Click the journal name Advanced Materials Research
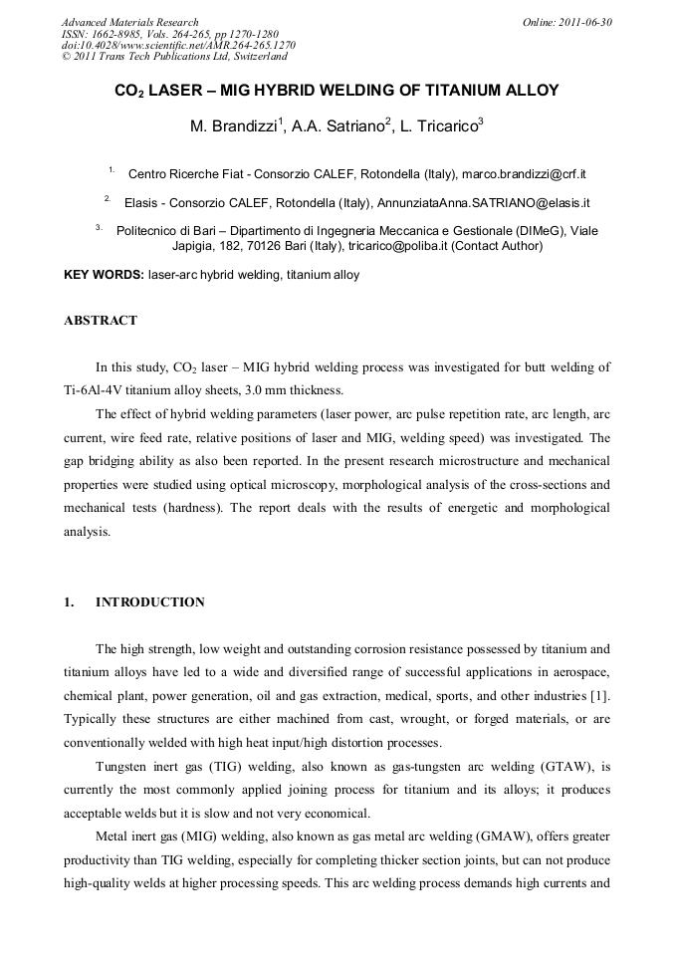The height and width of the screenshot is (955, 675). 129,22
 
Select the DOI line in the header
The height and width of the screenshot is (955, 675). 178,45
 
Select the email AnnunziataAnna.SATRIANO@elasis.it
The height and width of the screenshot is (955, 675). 482,202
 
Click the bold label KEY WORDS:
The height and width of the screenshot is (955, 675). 104,275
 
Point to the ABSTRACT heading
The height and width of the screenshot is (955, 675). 100,321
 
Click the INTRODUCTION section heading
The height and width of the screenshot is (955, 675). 149,602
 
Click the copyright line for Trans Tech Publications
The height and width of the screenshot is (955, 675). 174,57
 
